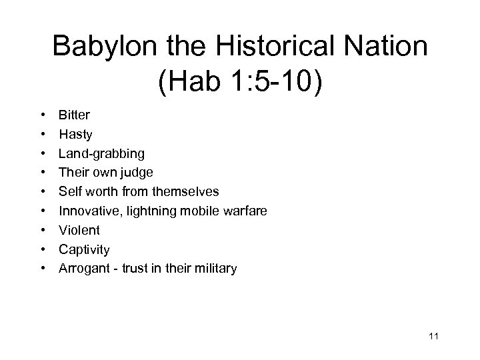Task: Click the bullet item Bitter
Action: pyautogui.click(x=74, y=115)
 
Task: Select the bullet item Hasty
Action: pyautogui.click(x=75, y=135)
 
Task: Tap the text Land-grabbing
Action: pyautogui.click(x=101, y=153)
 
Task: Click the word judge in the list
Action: pyautogui.click(x=137, y=173)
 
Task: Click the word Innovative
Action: pyautogui.click(x=87, y=211)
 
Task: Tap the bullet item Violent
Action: pyautogui.click(x=79, y=230)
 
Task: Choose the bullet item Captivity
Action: pyautogui.click(x=84, y=249)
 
